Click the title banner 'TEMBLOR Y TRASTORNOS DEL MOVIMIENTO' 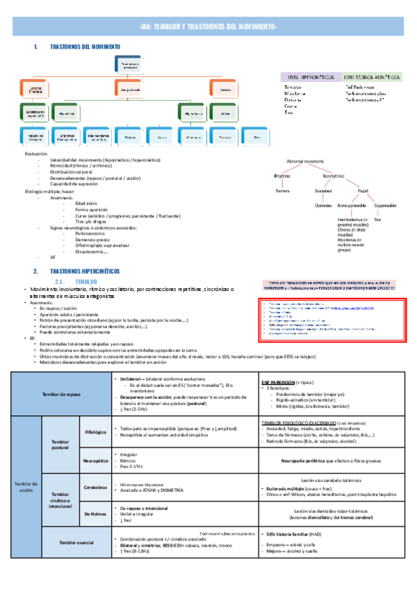(208, 26)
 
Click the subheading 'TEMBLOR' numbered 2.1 (85, 282)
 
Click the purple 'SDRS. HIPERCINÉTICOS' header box (307, 76)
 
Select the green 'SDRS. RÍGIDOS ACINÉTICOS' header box (373, 76)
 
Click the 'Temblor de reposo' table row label (60, 394)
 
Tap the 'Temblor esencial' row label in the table (76, 561)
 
